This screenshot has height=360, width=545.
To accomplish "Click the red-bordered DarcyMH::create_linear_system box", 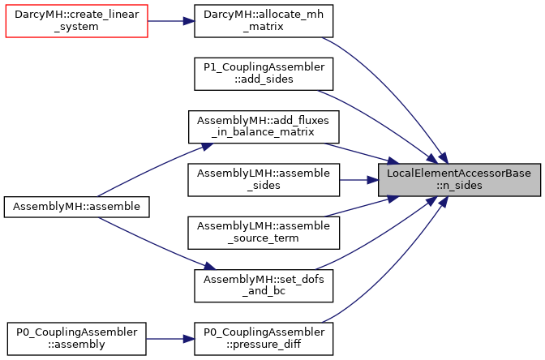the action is coord(77,21).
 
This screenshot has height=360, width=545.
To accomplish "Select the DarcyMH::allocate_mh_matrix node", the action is coord(264,21).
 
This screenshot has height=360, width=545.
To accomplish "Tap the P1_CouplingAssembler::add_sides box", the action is coord(264,74).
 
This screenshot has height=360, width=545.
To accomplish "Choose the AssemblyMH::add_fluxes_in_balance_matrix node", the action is coord(264,126).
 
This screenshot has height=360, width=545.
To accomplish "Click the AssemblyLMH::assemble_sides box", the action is coord(264,180).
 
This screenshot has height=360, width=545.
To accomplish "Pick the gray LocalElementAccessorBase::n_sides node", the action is coord(459,180).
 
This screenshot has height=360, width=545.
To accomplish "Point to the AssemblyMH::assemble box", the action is coord(77,207).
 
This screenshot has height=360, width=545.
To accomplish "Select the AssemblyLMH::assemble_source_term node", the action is coord(264,233).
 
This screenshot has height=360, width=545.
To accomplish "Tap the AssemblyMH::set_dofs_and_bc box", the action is coord(264,285).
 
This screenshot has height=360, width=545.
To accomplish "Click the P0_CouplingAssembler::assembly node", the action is coord(77,339).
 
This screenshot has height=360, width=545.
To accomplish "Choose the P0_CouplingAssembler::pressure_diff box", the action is coord(264,339).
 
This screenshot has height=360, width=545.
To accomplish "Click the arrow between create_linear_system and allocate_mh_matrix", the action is coord(171,21).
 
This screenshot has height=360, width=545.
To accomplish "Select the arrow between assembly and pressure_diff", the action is coord(170,339).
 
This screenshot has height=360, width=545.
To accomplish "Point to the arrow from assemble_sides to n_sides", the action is coord(359,180).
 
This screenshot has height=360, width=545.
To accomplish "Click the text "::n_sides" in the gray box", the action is coord(459,185).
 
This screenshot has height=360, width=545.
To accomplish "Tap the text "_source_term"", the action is coord(264,238).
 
